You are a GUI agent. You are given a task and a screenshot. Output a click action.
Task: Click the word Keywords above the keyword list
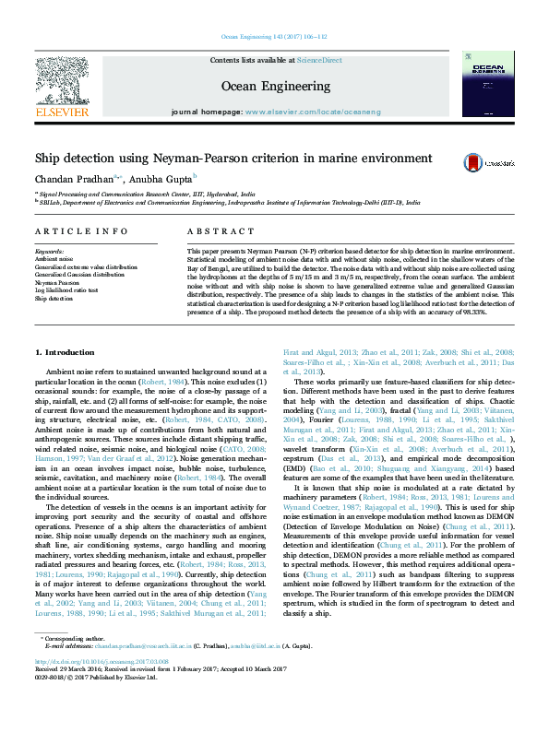pyautogui.click(x=49, y=251)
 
